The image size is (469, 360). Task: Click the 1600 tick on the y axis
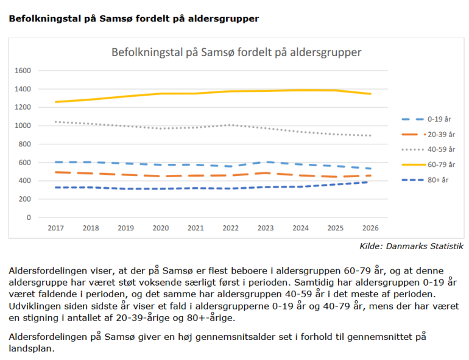[x=23, y=71]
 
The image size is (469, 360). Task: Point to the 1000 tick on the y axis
[x=23, y=125]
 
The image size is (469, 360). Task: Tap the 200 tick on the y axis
[x=25, y=199]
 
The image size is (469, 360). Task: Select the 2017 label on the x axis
[x=56, y=228]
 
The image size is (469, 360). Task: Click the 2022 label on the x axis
[x=231, y=228]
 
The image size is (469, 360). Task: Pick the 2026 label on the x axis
[x=370, y=228]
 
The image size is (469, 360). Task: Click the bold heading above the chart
[x=133, y=19]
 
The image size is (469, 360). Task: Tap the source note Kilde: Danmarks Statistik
[x=411, y=246]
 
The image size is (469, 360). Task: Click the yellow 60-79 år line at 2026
[x=370, y=94]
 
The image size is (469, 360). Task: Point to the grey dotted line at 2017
[x=56, y=122]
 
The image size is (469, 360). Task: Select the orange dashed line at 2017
[x=56, y=172]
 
